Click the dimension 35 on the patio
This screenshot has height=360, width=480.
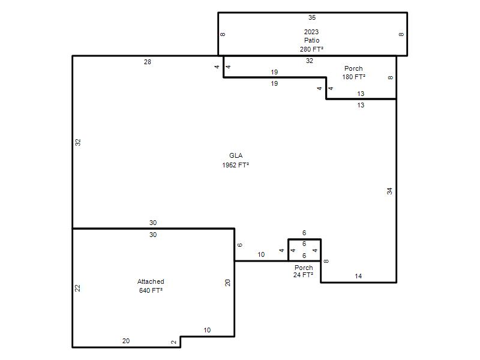[x=312, y=17]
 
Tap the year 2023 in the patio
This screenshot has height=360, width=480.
[x=311, y=32]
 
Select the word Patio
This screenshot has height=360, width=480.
[x=311, y=40]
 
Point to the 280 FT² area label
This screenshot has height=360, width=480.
[x=311, y=49]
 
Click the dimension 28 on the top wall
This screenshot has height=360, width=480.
[x=148, y=62]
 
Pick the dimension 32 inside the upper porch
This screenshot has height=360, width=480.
[x=310, y=61]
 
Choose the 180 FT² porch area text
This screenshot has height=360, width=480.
[x=353, y=77]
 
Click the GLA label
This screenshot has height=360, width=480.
[x=236, y=155]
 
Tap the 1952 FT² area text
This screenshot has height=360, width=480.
[x=235, y=165]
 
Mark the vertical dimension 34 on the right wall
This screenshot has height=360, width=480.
[x=389, y=191]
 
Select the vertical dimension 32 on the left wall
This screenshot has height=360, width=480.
[x=78, y=142]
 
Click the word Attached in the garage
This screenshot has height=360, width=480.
[x=151, y=281]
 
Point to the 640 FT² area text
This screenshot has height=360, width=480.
[x=151, y=290]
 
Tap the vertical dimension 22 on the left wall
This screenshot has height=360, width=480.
[x=77, y=288]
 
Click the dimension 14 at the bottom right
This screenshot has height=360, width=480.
[x=358, y=276]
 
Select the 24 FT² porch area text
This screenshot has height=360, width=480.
[x=303, y=275]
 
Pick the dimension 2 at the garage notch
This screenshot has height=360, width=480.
[x=174, y=342]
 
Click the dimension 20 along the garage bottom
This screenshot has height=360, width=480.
[x=126, y=341]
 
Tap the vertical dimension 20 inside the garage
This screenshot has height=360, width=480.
[x=227, y=283]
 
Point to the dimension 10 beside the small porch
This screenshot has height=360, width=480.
[x=261, y=254]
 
